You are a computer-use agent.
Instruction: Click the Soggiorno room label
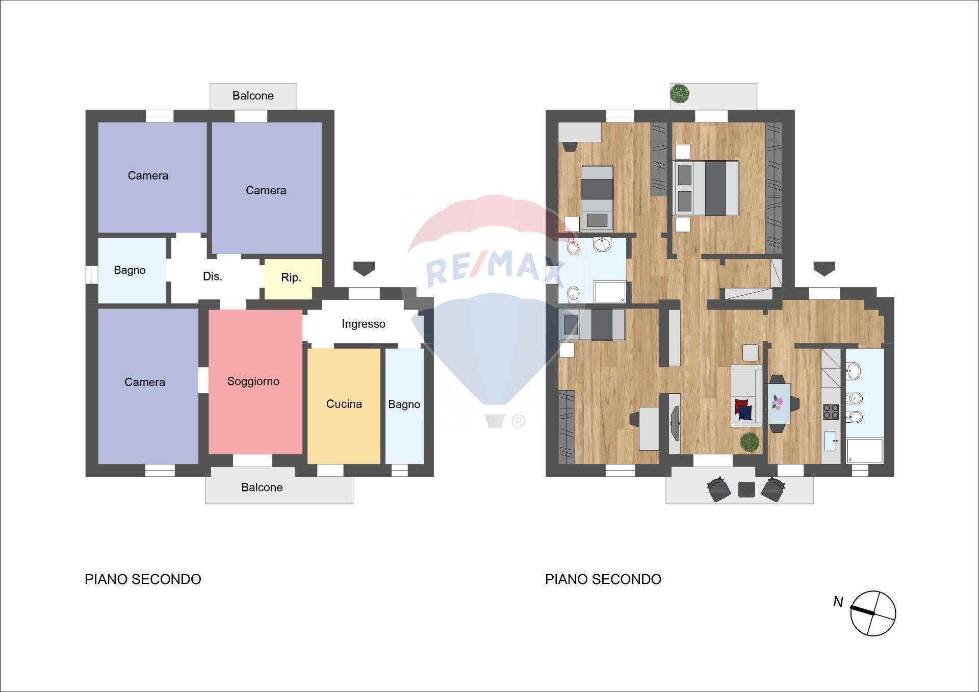(x=253, y=381)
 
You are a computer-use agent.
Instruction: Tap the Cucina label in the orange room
(x=344, y=404)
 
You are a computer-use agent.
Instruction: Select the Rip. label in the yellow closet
(x=291, y=277)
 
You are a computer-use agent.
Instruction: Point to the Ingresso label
(x=364, y=324)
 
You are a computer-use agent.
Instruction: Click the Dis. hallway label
(x=212, y=276)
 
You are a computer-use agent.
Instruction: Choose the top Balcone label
(x=253, y=96)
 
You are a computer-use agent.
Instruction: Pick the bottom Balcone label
(x=262, y=488)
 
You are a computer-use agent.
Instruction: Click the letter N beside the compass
(x=838, y=602)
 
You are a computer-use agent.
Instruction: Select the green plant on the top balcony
(x=680, y=93)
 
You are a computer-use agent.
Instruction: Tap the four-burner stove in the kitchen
(x=831, y=411)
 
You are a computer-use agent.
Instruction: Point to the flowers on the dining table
(x=777, y=403)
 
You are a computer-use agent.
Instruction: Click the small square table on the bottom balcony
(x=746, y=490)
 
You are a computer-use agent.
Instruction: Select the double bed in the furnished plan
(x=706, y=188)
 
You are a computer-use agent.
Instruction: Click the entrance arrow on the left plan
(x=364, y=268)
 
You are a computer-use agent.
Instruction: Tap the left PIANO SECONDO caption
(x=143, y=579)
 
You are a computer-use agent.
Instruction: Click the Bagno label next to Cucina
(x=404, y=404)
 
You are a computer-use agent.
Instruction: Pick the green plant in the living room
(x=750, y=442)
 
